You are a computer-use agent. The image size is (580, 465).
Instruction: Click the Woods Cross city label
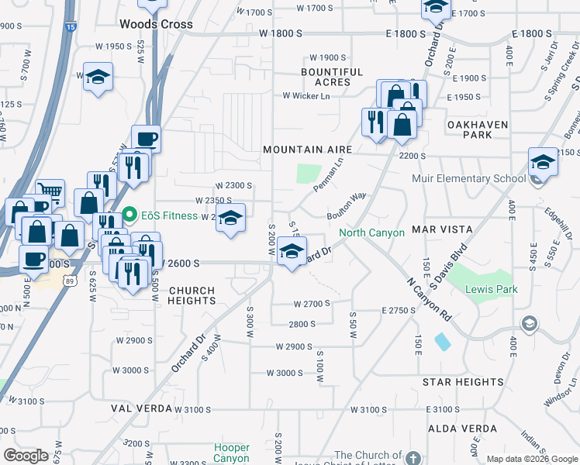coord(156,24)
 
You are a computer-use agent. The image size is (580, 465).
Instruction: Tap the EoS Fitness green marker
coord(129,215)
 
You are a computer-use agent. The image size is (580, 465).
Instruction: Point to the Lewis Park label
coord(486,289)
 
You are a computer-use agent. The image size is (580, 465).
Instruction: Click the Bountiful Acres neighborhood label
coord(332,77)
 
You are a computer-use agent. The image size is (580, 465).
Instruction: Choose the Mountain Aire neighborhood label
coord(307,150)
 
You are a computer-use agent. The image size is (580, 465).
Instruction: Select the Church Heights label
coord(192,295)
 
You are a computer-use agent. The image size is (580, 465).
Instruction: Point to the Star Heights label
coord(463,382)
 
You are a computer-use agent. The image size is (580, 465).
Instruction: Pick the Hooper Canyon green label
coord(232,453)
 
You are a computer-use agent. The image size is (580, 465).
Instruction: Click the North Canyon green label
coord(371,233)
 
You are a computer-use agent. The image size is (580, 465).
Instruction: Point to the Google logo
coord(26,455)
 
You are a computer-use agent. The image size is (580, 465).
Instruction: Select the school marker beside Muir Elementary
coord(543,163)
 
